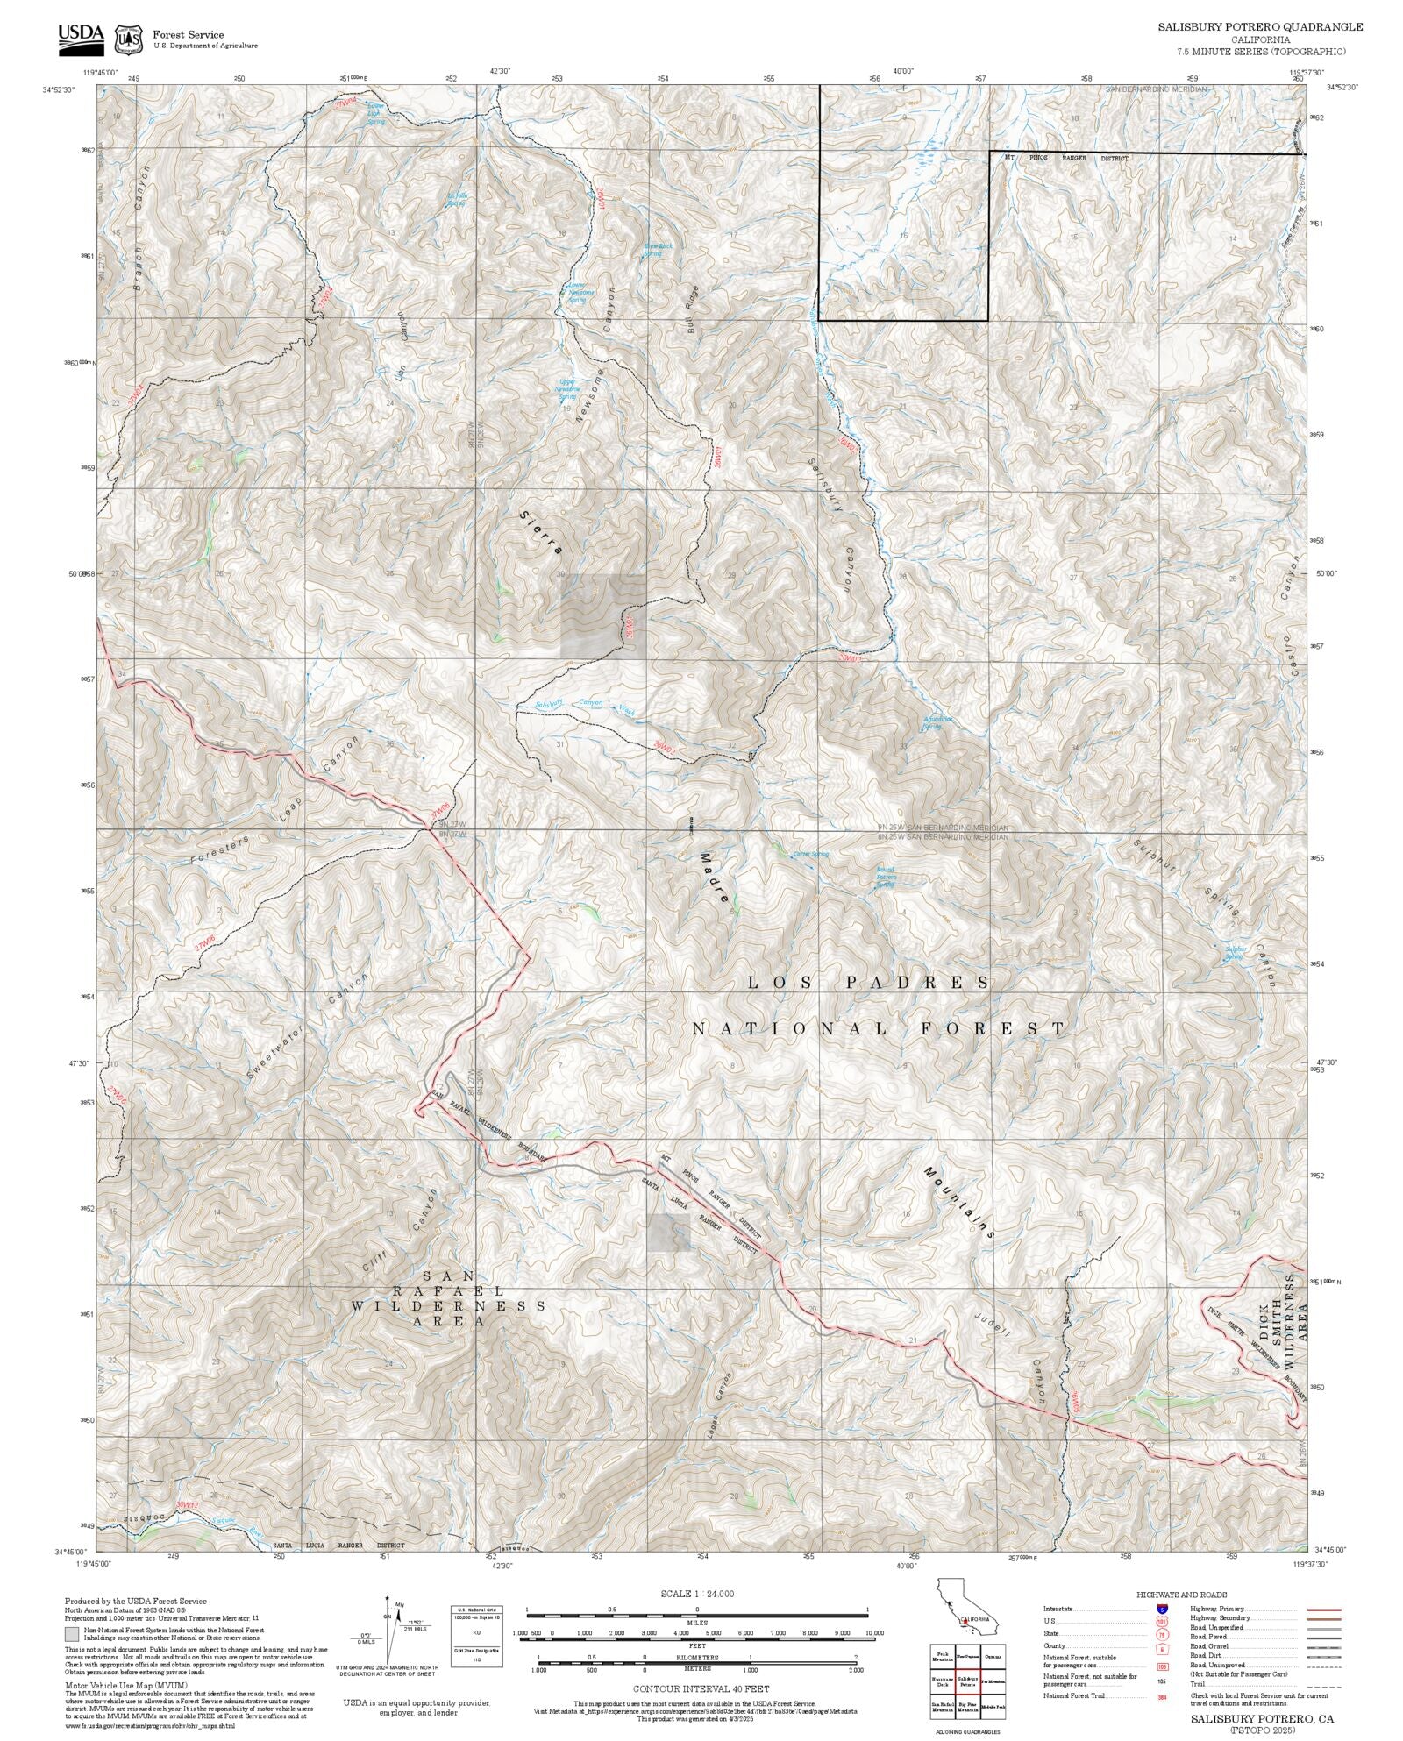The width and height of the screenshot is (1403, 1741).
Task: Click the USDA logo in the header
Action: [x=81, y=37]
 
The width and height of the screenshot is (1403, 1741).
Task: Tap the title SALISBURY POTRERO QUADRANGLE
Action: [x=1260, y=27]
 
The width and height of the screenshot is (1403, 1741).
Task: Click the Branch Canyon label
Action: [x=140, y=227]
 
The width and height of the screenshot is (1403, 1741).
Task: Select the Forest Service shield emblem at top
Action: [x=131, y=39]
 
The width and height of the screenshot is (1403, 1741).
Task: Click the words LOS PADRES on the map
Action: [x=868, y=983]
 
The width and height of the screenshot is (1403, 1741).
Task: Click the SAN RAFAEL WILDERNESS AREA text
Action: [x=448, y=1305]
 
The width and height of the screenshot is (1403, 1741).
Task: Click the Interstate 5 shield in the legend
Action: [x=1163, y=1610]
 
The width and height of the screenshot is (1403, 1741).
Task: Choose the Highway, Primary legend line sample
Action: [x=1323, y=1610]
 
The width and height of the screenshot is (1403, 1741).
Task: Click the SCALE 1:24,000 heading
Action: [x=697, y=1594]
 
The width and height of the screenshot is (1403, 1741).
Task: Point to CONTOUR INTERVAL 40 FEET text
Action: [x=701, y=1688]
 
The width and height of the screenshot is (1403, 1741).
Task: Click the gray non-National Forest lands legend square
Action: [x=71, y=1634]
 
